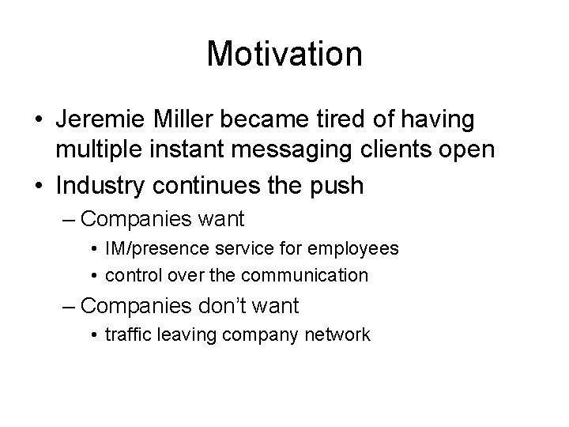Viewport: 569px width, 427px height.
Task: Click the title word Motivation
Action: coord(284,55)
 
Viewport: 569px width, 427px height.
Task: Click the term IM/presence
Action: coord(159,248)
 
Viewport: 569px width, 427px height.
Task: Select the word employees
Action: coord(360,248)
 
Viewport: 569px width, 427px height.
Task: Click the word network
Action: coord(338,334)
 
